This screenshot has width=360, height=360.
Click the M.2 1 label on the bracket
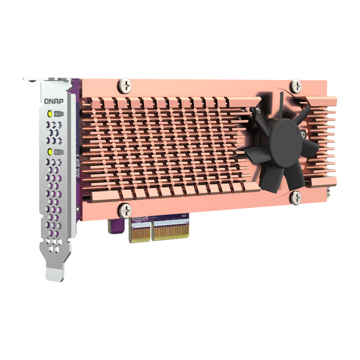tap(59, 114)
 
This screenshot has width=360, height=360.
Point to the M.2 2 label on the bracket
tap(59, 152)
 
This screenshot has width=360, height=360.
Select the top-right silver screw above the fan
tap(296, 86)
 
